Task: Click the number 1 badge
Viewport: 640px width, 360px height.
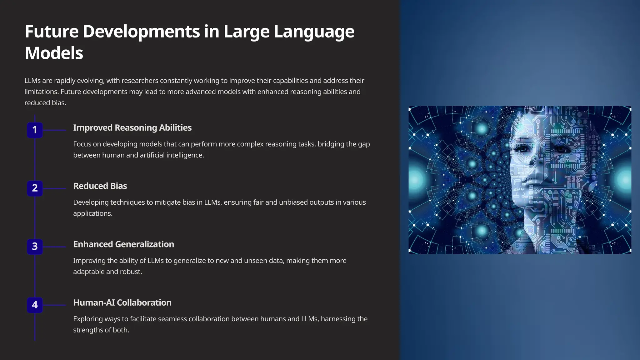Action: [35, 130]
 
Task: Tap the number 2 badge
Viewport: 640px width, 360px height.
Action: [35, 188]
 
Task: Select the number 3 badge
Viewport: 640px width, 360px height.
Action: [35, 247]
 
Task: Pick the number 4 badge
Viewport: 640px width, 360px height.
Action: [35, 305]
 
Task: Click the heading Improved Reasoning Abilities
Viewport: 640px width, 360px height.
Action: [132, 128]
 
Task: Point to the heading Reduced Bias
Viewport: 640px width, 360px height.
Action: [100, 186]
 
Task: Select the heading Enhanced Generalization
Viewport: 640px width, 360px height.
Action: [123, 244]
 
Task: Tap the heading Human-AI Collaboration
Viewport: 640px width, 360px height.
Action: [122, 302]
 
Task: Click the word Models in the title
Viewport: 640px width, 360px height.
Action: [54, 53]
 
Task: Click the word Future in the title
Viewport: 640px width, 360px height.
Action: [52, 32]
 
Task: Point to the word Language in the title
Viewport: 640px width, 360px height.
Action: [314, 32]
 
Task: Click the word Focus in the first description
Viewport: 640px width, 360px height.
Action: [83, 144]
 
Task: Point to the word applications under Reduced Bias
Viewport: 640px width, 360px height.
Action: [92, 213]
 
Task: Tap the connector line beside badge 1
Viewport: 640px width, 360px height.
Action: [54, 130]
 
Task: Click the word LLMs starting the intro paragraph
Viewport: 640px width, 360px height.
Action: [32, 81]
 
